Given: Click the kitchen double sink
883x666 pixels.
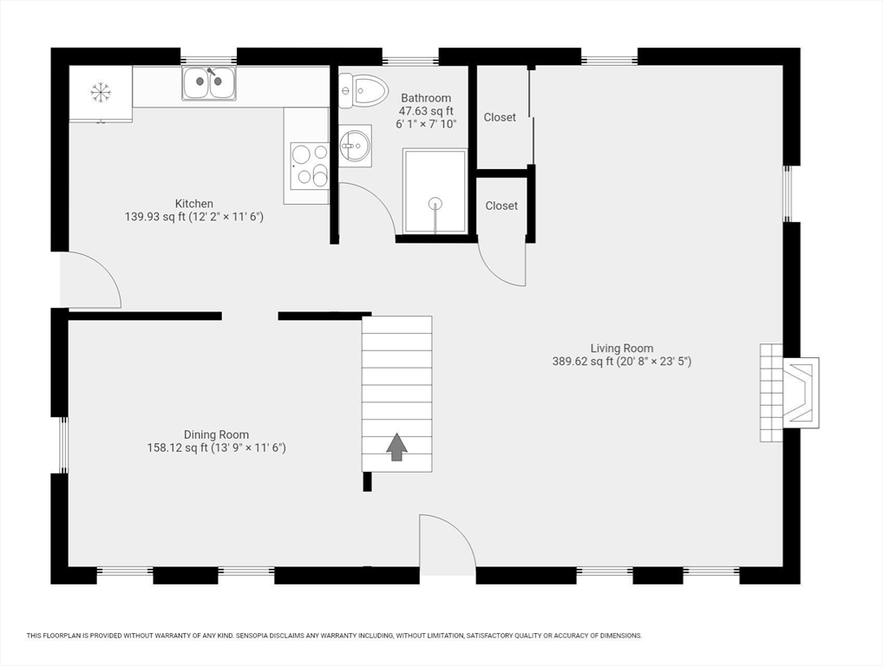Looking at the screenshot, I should point(208,83).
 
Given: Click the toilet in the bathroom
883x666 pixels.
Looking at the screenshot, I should point(363,88).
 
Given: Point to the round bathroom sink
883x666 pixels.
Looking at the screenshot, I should point(354,147).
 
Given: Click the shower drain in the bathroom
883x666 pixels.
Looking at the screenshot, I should point(435,203).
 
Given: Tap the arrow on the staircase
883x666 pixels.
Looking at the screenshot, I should point(396,447).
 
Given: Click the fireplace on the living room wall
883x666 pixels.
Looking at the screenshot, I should point(791,392).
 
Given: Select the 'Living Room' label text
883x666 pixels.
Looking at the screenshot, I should point(621,349).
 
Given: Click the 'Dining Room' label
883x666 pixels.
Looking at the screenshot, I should point(216,434).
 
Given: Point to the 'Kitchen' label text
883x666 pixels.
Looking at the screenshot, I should point(193,204).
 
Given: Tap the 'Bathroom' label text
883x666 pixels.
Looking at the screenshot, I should point(425,98).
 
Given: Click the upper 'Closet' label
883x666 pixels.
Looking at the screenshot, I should point(500,117).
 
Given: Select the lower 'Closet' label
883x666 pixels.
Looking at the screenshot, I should point(501,206).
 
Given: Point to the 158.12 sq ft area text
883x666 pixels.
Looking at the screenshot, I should point(178,447).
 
